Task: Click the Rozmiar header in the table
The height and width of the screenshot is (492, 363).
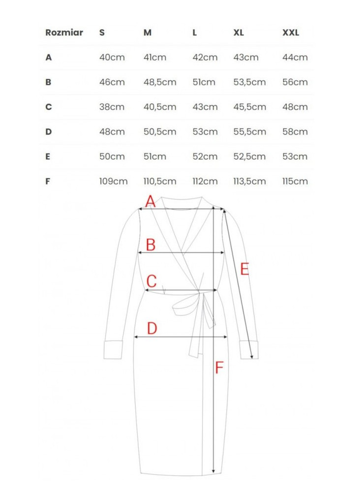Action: pyautogui.click(x=64, y=33)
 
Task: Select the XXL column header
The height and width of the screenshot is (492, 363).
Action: pyautogui.click(x=290, y=33)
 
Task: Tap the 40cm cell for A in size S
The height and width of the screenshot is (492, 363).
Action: pyautogui.click(x=112, y=58)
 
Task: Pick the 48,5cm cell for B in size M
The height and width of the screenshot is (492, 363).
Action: pyautogui.click(x=159, y=82)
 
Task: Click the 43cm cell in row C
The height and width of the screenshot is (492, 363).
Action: pyautogui.click(x=205, y=107)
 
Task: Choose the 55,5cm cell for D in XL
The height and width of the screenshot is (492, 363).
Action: pyautogui.click(x=249, y=132)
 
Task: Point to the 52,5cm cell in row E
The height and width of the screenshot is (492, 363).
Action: pyautogui.click(x=249, y=156)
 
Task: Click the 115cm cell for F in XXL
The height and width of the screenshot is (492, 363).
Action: pyautogui.click(x=295, y=181)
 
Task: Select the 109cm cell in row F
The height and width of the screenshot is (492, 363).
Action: pyautogui.click(x=113, y=181)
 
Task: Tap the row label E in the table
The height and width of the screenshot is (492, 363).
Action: pyautogui.click(x=48, y=156)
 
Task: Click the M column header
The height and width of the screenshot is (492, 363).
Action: pyautogui.click(x=148, y=33)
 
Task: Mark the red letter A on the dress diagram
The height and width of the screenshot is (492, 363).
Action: pyautogui.click(x=151, y=201)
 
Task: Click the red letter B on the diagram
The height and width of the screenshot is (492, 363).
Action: pyautogui.click(x=151, y=245)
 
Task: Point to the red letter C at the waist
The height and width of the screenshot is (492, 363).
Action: pyautogui.click(x=151, y=281)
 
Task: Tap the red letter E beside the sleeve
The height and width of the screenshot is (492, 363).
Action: pyautogui.click(x=244, y=269)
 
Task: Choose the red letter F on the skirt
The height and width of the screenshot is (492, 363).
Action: pyautogui.click(x=219, y=367)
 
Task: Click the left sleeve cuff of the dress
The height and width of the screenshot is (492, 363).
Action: pyautogui.click(x=114, y=349)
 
